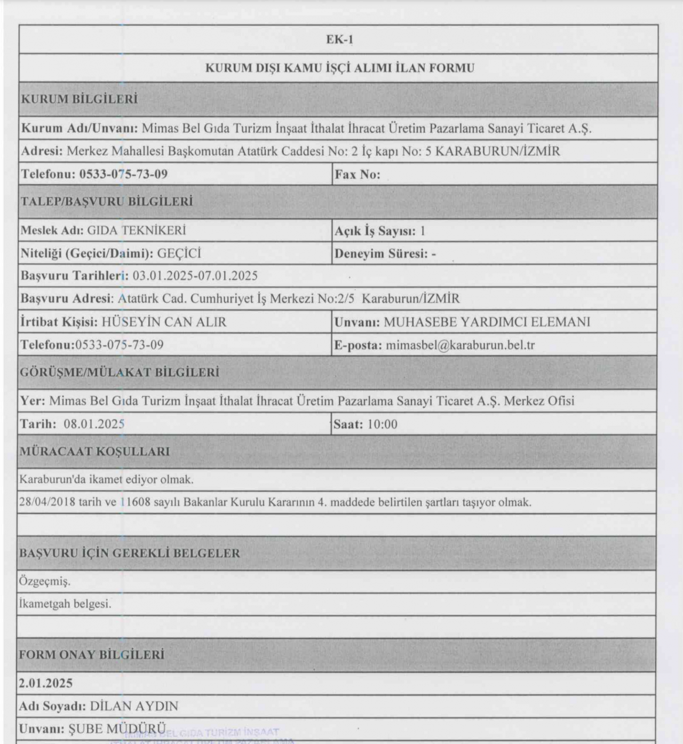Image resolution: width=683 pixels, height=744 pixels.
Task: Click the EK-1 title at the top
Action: coord(339,40)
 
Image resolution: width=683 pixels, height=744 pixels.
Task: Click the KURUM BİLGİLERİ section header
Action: coord(79,99)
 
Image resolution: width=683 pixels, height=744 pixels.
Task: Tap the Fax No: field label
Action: coord(357,175)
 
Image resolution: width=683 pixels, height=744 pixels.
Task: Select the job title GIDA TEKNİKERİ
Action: coord(137,231)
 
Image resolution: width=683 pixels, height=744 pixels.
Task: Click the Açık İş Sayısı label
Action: coord(375,231)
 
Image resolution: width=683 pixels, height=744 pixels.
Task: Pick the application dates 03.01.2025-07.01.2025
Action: coord(195,276)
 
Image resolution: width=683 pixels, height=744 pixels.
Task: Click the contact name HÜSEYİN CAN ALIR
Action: coord(164,322)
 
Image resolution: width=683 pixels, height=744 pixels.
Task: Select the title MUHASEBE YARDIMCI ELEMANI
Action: coord(487,322)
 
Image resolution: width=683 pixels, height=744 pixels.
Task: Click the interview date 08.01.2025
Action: coord(94,424)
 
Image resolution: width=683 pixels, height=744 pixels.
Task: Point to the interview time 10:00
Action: coord(383,424)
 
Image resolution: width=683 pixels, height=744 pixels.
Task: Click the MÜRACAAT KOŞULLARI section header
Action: coord(95,452)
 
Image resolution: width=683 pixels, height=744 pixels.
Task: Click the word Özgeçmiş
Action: coord(45,581)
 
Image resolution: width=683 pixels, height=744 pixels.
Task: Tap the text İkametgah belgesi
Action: coord(65,604)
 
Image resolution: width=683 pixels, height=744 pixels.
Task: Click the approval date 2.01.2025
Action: coord(46,683)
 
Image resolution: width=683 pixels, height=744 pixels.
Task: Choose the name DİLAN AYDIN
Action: coord(134,706)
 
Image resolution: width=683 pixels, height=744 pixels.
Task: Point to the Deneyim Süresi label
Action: coord(381,254)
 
